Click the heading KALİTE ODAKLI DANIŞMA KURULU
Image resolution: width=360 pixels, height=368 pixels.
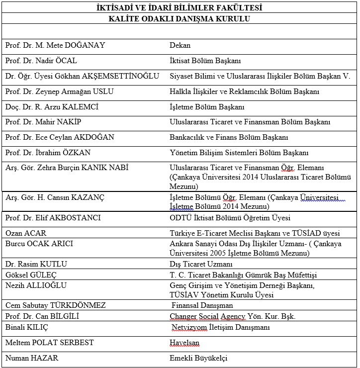[x=179, y=19]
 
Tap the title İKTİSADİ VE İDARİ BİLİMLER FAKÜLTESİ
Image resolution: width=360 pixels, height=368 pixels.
[x=179, y=7]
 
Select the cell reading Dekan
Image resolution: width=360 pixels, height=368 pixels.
[x=180, y=45]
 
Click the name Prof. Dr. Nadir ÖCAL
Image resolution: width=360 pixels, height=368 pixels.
[x=41, y=61]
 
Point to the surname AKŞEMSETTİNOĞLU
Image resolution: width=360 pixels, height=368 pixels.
[x=125, y=76]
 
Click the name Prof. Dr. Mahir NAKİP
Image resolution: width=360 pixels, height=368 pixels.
[x=43, y=122]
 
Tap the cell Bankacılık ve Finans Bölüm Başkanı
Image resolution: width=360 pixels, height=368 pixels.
[x=229, y=137]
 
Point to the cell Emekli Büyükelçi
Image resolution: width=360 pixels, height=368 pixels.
[x=198, y=358]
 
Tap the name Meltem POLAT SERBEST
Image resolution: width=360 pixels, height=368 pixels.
[x=50, y=343]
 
